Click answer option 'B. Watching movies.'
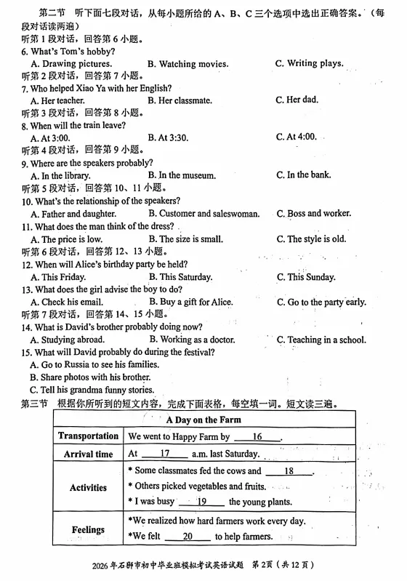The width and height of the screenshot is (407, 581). pyautogui.click(x=188, y=64)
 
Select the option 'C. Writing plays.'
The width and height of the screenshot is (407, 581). pyautogui.click(x=309, y=63)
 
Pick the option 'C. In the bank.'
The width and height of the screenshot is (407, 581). pyautogui.click(x=303, y=175)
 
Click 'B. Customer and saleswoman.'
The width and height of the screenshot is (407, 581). pyautogui.click(x=203, y=214)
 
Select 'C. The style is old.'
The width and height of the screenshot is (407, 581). pyautogui.click(x=311, y=239)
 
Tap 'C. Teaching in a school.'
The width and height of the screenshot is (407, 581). pyautogui.click(x=321, y=340)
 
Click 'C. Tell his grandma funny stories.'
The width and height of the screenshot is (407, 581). pyautogui.click(x=92, y=390)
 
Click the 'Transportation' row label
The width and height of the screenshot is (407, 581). pyautogui.click(x=88, y=436)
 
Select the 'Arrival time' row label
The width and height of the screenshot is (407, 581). pyautogui.click(x=88, y=454)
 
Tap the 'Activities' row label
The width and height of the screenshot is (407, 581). pyautogui.click(x=88, y=487)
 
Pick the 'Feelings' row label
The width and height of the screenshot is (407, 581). pyautogui.click(x=88, y=530)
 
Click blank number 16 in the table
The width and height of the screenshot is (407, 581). pyautogui.click(x=257, y=437)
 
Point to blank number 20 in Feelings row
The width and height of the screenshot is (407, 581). pyautogui.click(x=187, y=537)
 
